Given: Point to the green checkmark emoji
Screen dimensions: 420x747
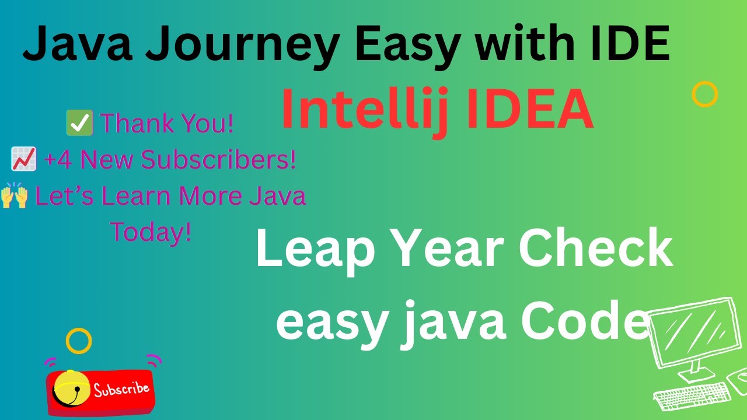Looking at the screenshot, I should click(79, 124).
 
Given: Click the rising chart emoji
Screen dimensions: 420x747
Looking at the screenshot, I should click(24, 160).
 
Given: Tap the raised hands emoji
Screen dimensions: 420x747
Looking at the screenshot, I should click(14, 197).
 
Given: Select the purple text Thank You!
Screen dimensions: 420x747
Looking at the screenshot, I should click(167, 124).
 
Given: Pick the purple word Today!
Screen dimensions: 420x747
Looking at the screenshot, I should click(151, 232).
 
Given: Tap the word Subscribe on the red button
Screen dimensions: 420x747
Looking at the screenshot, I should click(121, 388).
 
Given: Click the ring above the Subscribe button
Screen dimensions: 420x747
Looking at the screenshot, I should click(79, 341).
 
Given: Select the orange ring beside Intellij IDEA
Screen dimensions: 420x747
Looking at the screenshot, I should click(704, 94).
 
